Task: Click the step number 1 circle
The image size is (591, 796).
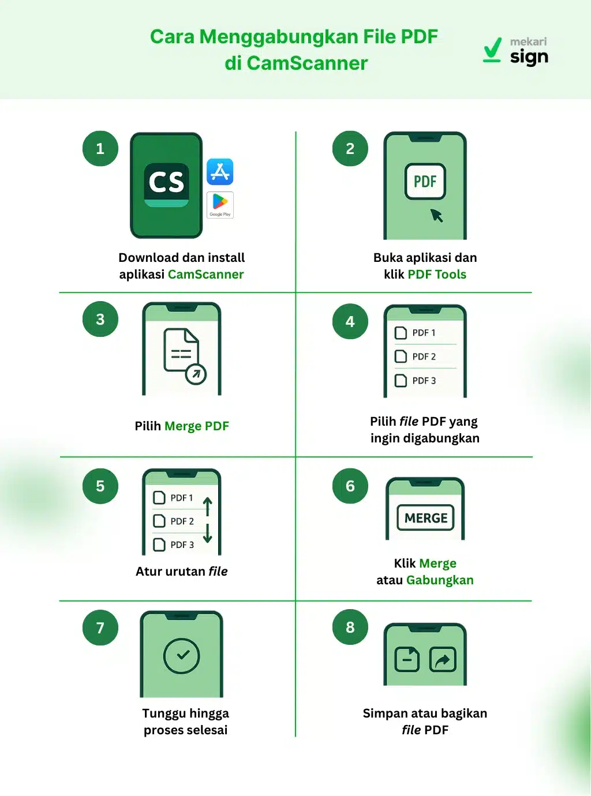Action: pyautogui.click(x=100, y=149)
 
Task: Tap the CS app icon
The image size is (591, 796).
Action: pyautogui.click(x=167, y=184)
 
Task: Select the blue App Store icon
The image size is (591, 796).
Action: pyautogui.click(x=220, y=172)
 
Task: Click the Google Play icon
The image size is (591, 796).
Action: pyautogui.click(x=220, y=205)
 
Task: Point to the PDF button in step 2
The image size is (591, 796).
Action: pyautogui.click(x=425, y=182)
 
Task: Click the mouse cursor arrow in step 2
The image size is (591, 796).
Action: pyautogui.click(x=436, y=215)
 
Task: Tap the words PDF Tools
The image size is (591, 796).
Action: pyautogui.click(x=437, y=275)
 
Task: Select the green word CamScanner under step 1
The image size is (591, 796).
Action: pyautogui.click(x=205, y=275)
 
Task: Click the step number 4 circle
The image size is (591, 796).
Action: pyautogui.click(x=350, y=322)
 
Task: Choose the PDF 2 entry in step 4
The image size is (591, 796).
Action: pyautogui.click(x=424, y=356)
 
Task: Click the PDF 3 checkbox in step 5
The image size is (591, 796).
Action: pyautogui.click(x=159, y=545)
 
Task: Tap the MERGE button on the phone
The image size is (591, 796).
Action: pyautogui.click(x=426, y=518)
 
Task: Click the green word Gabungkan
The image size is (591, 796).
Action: pyautogui.click(x=440, y=580)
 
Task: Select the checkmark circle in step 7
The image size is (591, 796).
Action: pyautogui.click(x=182, y=656)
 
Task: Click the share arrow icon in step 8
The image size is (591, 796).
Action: pyautogui.click(x=443, y=659)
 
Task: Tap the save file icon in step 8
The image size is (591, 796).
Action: pyautogui.click(x=407, y=659)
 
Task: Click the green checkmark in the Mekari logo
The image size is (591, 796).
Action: pyautogui.click(x=492, y=50)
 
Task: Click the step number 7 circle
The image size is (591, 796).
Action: pyautogui.click(x=100, y=628)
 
